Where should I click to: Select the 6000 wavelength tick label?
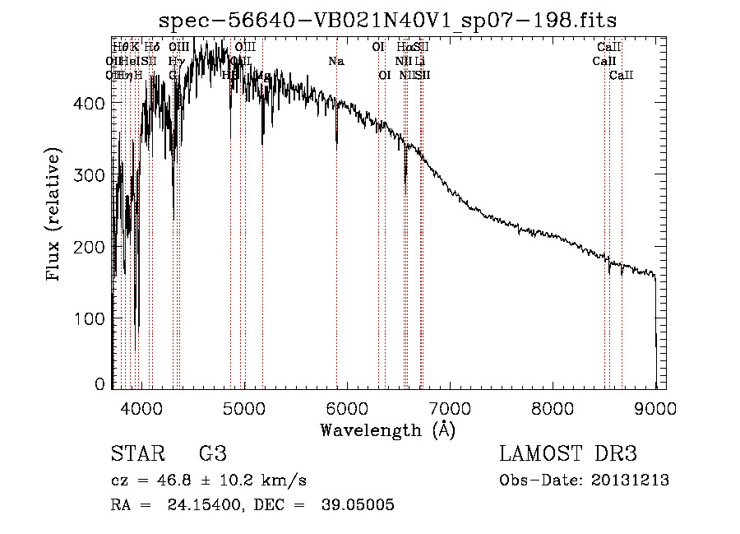pyautogui.click(x=347, y=408)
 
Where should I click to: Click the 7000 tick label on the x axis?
pyautogui.click(x=450, y=408)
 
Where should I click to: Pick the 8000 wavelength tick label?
pyautogui.click(x=553, y=408)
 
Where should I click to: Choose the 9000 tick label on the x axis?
pyautogui.click(x=655, y=408)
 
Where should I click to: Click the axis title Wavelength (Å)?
pyautogui.click(x=387, y=430)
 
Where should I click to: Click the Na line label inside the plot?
pyautogui.click(x=335, y=62)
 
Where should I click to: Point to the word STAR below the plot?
pyautogui.click(x=136, y=455)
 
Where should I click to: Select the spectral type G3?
pyautogui.click(x=212, y=455)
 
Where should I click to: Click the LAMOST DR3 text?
pyautogui.click(x=568, y=455)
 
